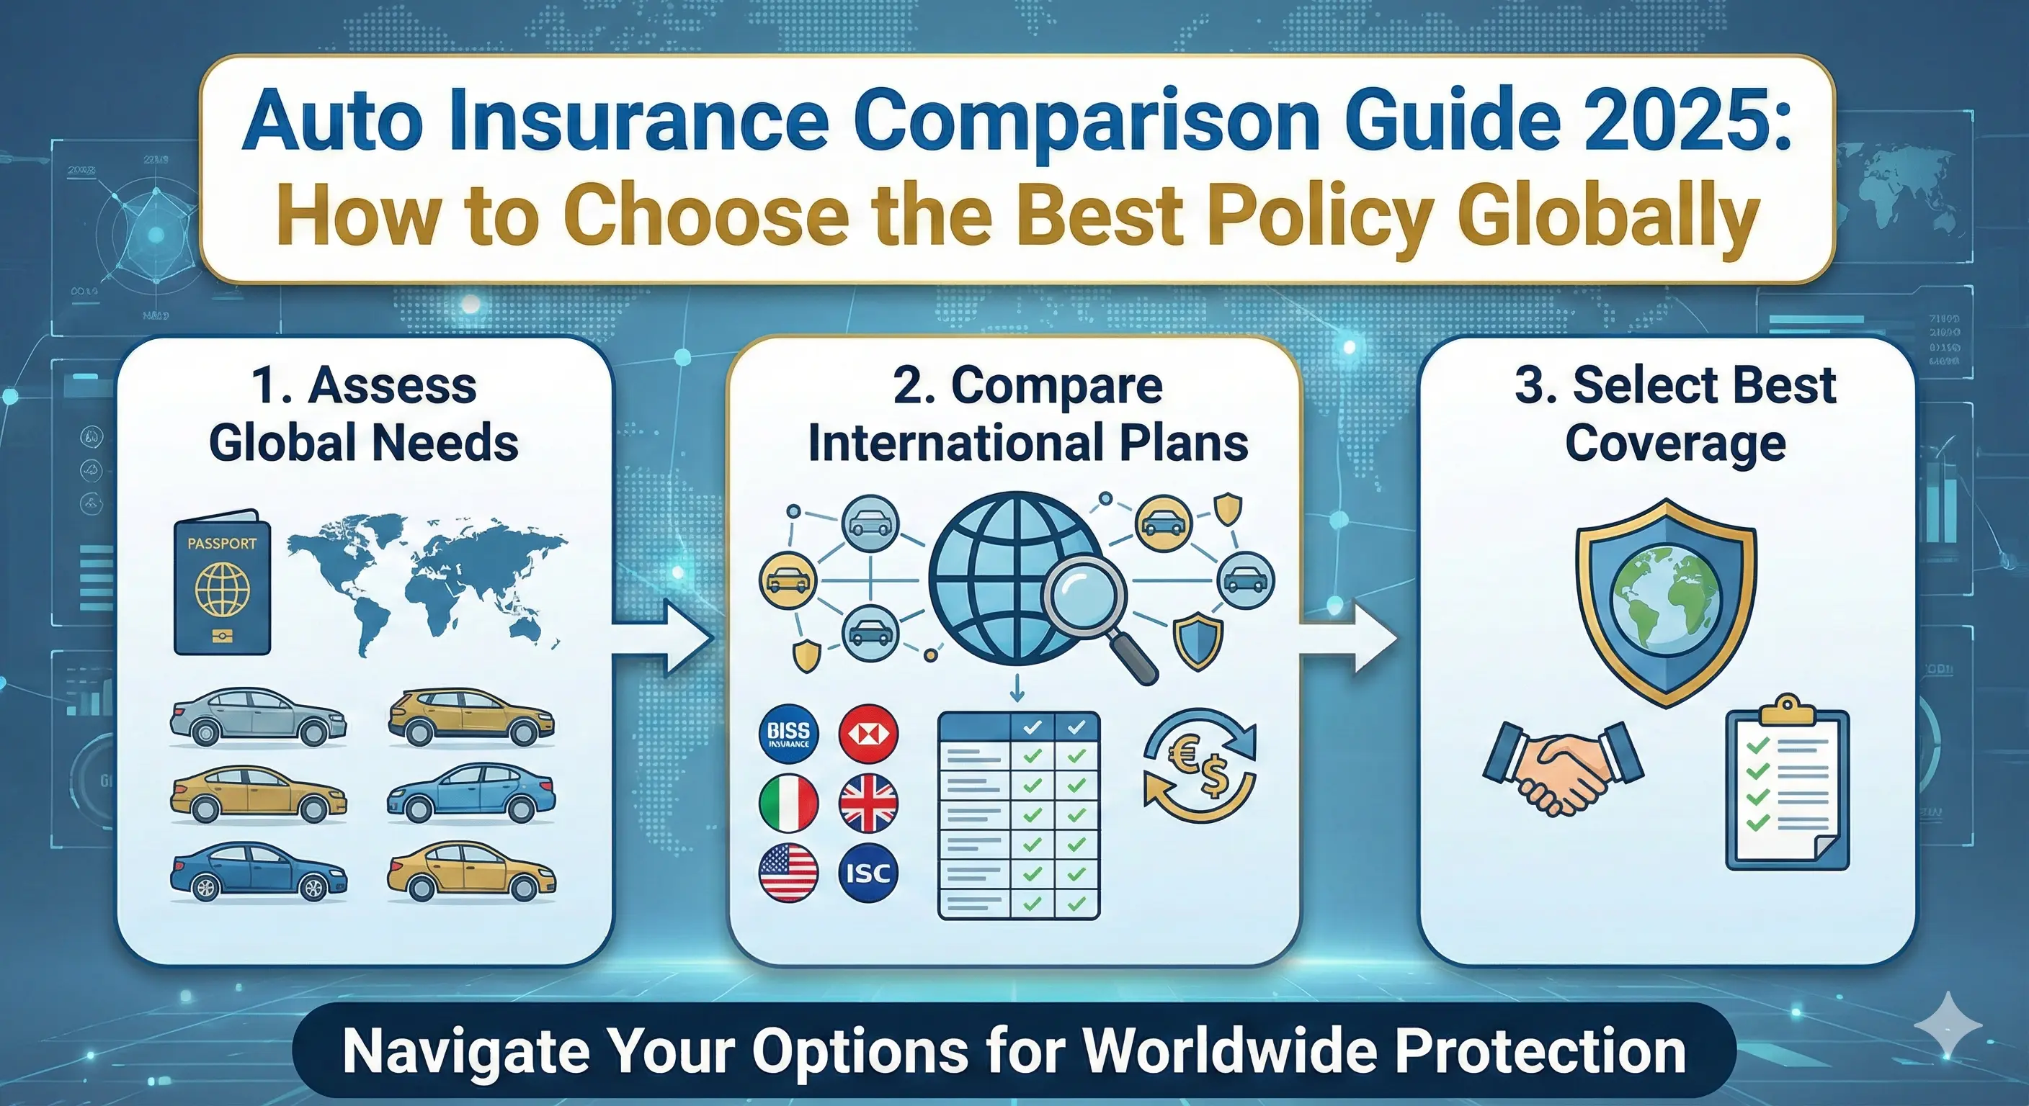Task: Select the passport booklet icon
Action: [222, 583]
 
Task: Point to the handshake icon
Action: [1562, 768]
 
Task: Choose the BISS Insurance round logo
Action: [788, 734]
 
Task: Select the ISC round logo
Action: [868, 872]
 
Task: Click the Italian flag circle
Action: [788, 803]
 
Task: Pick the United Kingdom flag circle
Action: [868, 803]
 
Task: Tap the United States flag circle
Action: [788, 872]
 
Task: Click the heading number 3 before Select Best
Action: [1533, 386]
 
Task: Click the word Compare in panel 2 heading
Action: [1056, 386]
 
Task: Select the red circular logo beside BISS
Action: [868, 734]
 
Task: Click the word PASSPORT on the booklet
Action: [222, 543]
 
